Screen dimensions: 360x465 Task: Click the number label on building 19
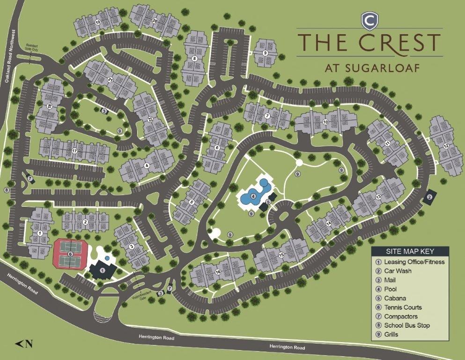click(x=98, y=22)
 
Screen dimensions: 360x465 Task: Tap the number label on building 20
click(x=155, y=20)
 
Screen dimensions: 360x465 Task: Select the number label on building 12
click(x=446, y=147)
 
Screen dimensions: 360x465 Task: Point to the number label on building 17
click(x=74, y=150)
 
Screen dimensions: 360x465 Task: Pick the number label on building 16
click(x=218, y=272)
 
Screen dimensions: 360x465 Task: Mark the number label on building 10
click(x=325, y=122)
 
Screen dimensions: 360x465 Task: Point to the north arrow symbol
click(x=24, y=344)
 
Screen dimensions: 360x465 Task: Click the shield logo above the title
click(x=369, y=21)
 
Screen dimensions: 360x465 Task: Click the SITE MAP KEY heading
click(x=410, y=251)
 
